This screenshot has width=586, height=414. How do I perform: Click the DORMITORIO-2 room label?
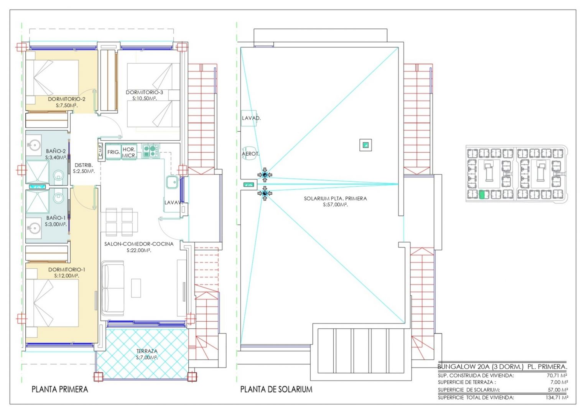tap(66, 99)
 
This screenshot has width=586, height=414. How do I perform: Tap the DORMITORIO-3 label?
tap(144, 92)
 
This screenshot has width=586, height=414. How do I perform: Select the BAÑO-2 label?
tap(56, 151)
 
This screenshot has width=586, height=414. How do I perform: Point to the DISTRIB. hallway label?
tap(84, 165)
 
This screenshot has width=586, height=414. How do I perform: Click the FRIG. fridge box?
tap(113, 152)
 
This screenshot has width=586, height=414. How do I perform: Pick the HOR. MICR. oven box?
tap(129, 152)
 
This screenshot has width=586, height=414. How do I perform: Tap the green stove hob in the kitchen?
tap(150, 151)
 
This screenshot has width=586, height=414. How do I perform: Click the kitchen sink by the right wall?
tap(172, 182)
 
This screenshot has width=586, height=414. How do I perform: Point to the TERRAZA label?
tap(147, 351)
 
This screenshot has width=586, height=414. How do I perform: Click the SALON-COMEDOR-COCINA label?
tap(139, 244)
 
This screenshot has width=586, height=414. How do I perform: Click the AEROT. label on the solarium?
tap(250, 154)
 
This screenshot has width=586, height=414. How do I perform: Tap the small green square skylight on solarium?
tap(365, 145)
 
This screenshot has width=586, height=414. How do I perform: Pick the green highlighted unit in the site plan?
tap(482, 195)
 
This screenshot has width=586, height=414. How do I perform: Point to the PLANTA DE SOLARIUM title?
tap(276, 389)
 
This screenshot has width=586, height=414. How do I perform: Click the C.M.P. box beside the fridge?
tap(100, 151)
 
